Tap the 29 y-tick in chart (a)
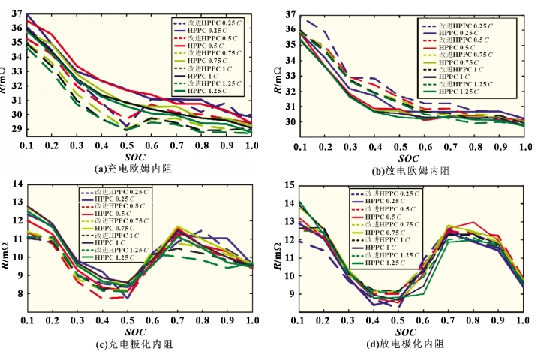[x=16, y=129]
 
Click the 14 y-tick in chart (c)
[x=16, y=184]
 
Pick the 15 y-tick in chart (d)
[x=287, y=184]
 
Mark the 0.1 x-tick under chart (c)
[x=27, y=321]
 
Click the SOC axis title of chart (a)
[x=136, y=157]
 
